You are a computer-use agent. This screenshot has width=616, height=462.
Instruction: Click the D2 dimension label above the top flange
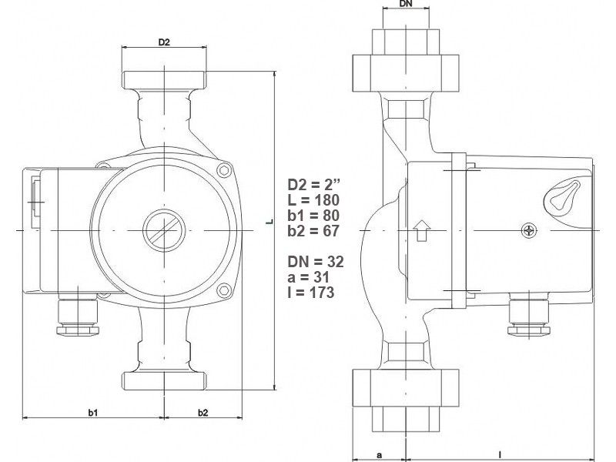click(x=164, y=42)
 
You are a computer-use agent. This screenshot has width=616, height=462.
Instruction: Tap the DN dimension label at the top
click(x=407, y=4)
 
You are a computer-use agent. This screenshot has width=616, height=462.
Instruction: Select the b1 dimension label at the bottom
click(x=92, y=413)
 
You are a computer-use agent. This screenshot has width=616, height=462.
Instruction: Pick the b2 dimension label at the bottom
click(x=203, y=413)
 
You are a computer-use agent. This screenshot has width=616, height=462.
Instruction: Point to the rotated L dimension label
click(x=269, y=222)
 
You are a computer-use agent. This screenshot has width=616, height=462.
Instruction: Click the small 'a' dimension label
click(x=379, y=455)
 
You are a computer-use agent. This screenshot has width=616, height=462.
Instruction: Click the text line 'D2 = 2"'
click(x=313, y=184)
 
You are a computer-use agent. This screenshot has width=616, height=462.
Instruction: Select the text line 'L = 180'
click(x=313, y=200)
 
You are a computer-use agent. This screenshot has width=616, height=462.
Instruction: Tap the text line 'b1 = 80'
click(x=313, y=216)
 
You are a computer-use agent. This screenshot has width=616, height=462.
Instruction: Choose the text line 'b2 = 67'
click(x=313, y=230)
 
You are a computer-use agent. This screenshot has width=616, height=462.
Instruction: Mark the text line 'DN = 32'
click(x=316, y=262)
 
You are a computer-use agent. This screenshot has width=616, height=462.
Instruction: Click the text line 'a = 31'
click(x=308, y=277)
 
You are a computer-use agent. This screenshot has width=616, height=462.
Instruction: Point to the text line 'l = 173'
click(x=311, y=293)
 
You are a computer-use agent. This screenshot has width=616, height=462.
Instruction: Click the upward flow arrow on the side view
click(x=422, y=230)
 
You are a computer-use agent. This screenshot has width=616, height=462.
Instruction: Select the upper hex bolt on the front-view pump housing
click(x=224, y=170)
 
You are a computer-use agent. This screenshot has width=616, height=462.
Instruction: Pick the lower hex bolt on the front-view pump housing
click(x=224, y=290)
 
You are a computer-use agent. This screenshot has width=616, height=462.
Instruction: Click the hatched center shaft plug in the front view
click(x=164, y=230)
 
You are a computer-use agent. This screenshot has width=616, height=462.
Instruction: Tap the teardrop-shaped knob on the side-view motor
click(x=562, y=196)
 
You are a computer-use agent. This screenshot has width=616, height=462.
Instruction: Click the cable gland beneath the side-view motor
click(x=529, y=315)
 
